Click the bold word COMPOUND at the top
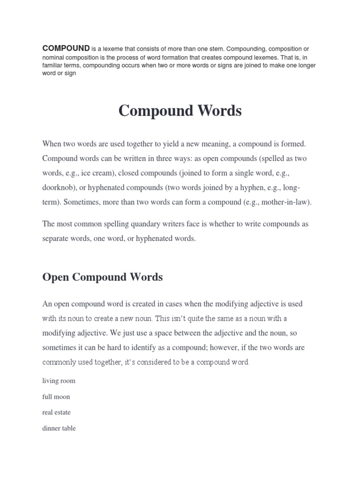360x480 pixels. [x=66, y=48]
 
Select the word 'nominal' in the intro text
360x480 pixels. [x=54, y=57]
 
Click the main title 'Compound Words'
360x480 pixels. [x=180, y=111]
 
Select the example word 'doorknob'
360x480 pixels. [x=58, y=188]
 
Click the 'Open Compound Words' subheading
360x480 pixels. [x=102, y=277]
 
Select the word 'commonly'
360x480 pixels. [x=60, y=362]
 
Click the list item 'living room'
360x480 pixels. [x=59, y=381]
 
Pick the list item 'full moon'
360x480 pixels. [x=56, y=397]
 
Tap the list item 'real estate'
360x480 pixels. [x=56, y=412]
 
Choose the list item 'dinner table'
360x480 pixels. [x=59, y=428]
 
